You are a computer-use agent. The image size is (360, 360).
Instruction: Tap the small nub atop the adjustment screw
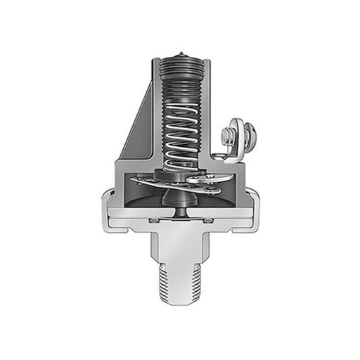click(x=181, y=54)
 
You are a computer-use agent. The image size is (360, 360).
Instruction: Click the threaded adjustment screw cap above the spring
click(x=181, y=77)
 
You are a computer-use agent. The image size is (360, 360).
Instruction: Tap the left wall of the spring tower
click(x=155, y=112)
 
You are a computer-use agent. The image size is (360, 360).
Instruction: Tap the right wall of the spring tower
click(x=207, y=112)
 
